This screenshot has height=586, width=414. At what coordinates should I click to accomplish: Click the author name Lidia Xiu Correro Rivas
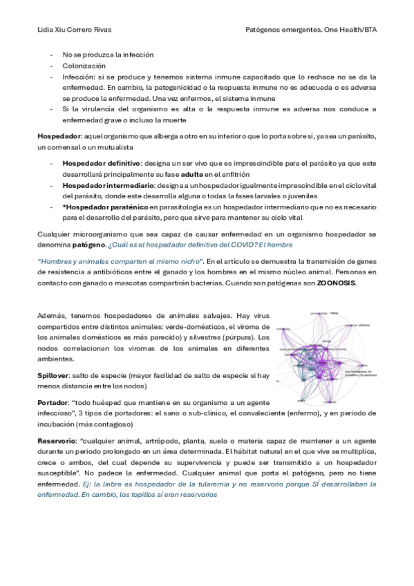coord(75,30)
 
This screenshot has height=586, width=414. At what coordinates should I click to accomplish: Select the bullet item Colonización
coord(81,65)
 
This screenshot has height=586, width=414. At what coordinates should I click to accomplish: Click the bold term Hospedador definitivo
coord(97,163)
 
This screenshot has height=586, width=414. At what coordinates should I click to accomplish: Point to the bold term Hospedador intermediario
coord(102,186)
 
